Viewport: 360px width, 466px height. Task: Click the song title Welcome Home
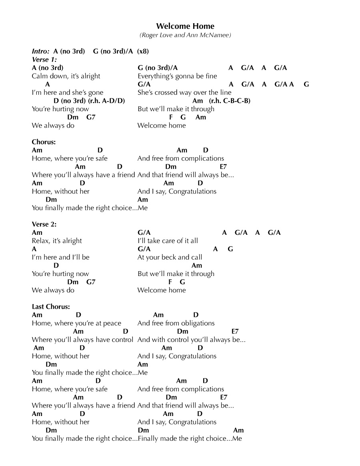[x=185, y=26]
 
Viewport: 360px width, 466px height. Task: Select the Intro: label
[x=41, y=51]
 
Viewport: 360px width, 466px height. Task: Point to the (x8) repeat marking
[x=143, y=51]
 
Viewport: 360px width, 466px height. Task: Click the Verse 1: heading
[x=44, y=60]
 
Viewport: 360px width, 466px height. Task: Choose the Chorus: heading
[x=44, y=142]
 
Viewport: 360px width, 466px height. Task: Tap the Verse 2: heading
[x=44, y=224]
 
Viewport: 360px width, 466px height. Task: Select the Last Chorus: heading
[x=51, y=307]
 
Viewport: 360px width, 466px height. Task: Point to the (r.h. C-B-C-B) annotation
[x=230, y=101]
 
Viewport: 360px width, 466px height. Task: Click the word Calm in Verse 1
[x=40, y=76]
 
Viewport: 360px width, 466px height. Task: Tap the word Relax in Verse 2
[x=41, y=241]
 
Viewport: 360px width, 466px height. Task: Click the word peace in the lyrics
[x=112, y=323]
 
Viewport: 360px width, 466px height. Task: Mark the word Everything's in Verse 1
[x=157, y=76]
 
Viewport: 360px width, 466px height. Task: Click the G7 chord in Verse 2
[x=91, y=282]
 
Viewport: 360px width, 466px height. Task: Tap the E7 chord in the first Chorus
[x=223, y=167]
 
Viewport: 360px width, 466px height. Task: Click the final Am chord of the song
[x=238, y=430]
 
